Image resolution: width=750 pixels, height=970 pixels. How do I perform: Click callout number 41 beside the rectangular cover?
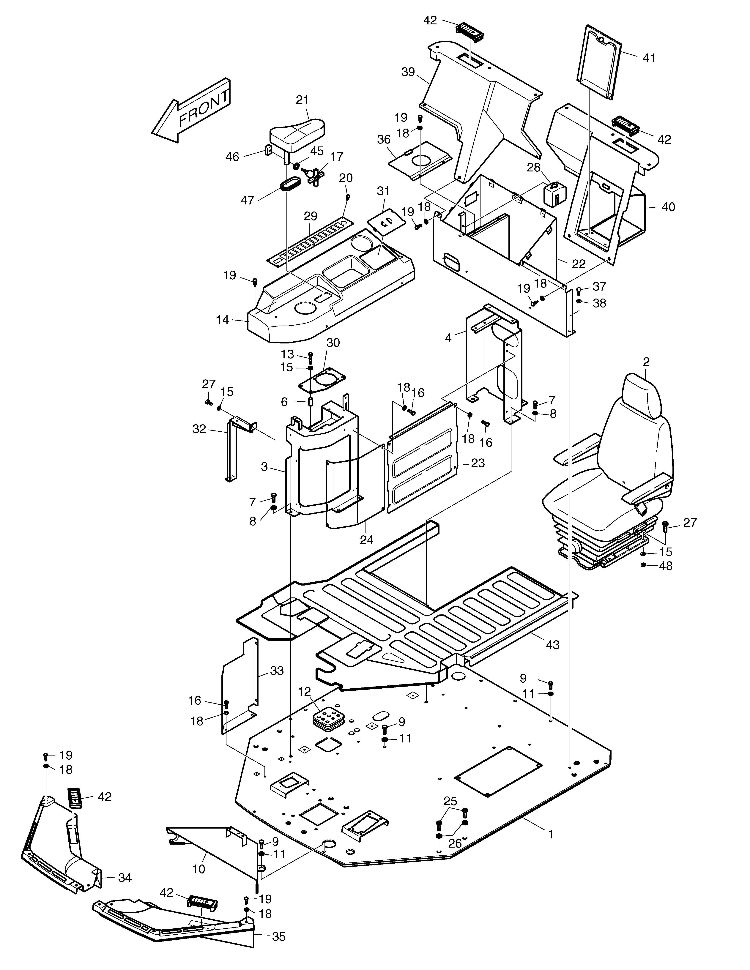(649, 58)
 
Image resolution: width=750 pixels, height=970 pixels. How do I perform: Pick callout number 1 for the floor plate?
(551, 834)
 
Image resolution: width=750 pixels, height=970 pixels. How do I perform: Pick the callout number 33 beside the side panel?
(277, 671)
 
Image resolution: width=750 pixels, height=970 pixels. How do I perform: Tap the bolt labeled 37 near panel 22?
(579, 291)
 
